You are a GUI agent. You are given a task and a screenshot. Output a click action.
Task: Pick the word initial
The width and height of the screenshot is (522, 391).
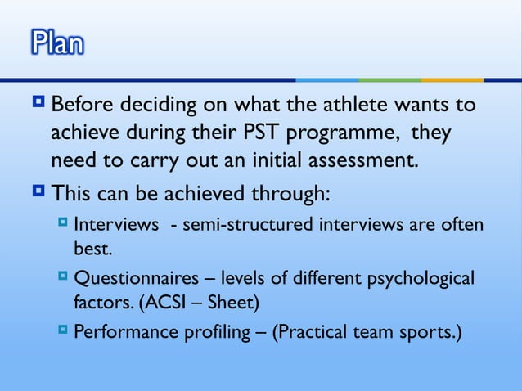[277, 158]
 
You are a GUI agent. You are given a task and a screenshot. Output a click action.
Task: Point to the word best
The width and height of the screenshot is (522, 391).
[92, 245]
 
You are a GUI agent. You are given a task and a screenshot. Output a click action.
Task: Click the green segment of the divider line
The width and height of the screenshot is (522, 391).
[389, 79]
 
